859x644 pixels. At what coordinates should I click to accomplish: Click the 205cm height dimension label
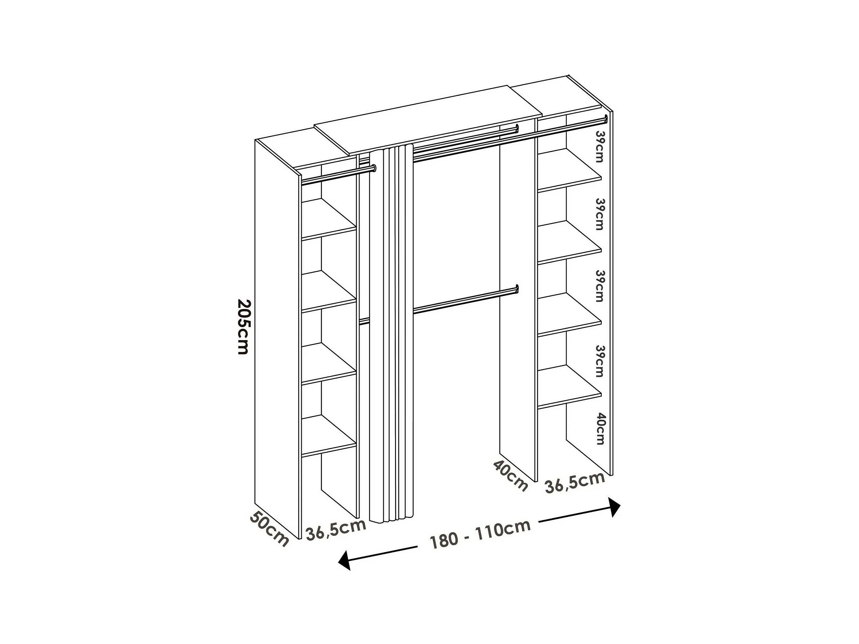(243, 326)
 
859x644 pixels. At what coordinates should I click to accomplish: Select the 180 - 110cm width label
(480, 534)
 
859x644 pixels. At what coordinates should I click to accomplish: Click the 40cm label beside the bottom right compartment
(600, 428)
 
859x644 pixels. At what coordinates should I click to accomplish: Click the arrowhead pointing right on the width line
(614, 507)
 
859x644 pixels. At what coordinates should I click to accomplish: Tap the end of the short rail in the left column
(374, 168)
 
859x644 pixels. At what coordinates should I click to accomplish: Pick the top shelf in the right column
(569, 171)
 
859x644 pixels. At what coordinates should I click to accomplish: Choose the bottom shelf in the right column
(569, 387)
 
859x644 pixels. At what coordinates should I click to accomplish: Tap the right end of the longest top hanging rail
(606, 118)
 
